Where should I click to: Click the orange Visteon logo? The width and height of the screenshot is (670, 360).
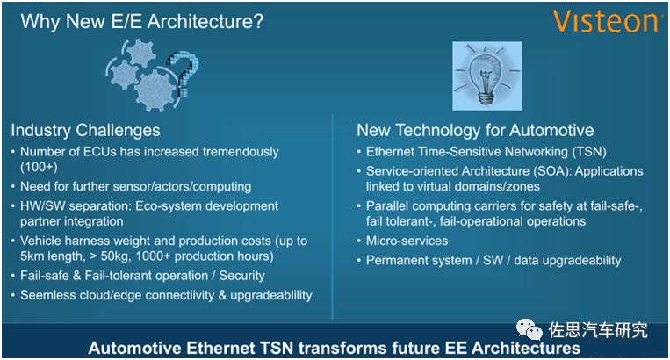[x=605, y=22]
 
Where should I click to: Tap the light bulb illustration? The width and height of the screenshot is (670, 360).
[x=487, y=76]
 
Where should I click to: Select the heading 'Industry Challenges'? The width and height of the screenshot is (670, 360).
[x=85, y=130]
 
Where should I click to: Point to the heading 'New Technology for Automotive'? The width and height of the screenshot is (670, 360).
[x=475, y=130]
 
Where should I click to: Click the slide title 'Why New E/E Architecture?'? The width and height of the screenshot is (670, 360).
[x=142, y=21]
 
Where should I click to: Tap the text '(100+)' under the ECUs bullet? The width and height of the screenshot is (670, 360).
[x=39, y=167]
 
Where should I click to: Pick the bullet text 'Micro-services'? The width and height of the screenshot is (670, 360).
[x=407, y=241]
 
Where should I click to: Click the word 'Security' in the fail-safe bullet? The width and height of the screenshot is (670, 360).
[x=241, y=276]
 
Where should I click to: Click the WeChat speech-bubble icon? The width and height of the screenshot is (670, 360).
[x=529, y=329]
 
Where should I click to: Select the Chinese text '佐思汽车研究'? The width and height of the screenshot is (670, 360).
[x=598, y=329]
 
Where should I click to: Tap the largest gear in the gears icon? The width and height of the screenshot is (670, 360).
[x=155, y=90]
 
